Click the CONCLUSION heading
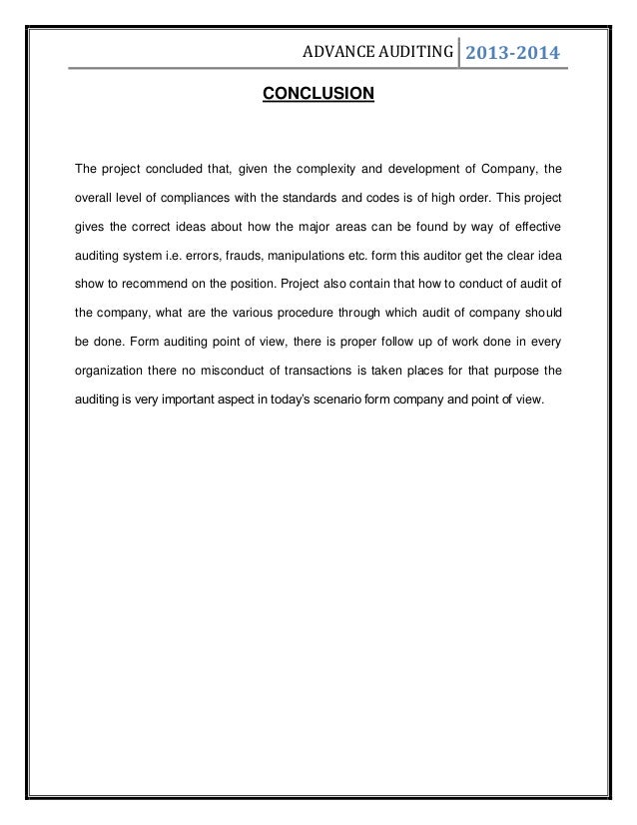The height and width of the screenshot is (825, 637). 318,95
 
